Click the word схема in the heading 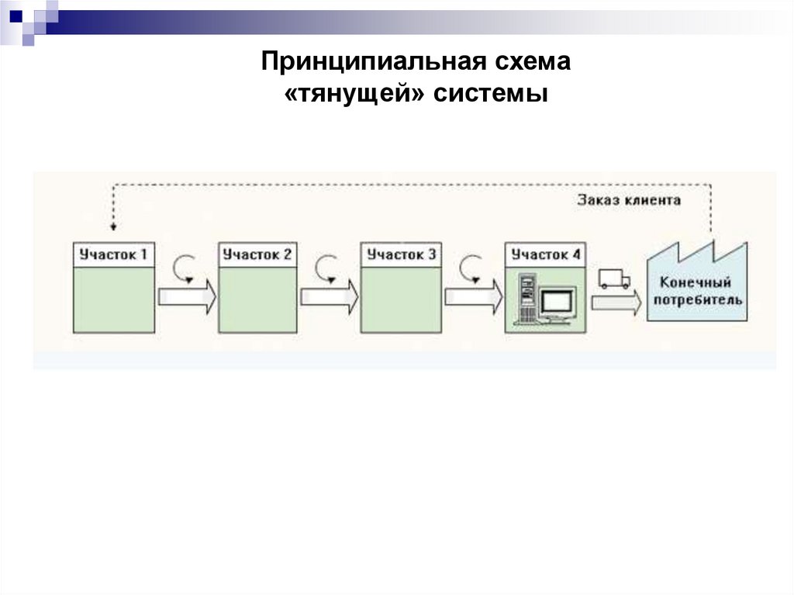pos(531,61)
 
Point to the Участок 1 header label pos(113,254)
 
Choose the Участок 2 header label pos(257,254)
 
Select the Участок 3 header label pos(401,254)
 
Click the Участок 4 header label pos(545,254)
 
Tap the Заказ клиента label pos(629,200)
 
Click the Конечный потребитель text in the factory pos(696,291)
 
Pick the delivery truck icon pos(614,278)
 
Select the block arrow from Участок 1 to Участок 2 pos(187,298)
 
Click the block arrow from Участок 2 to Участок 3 pos(330,298)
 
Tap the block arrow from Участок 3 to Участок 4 pos(473,298)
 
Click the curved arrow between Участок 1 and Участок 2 pos(186,268)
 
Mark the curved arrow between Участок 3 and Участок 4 pos(472,268)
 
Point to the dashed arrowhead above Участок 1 pos(113,227)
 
